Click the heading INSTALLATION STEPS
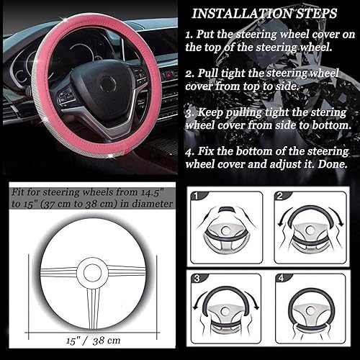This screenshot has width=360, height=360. point(266,13)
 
